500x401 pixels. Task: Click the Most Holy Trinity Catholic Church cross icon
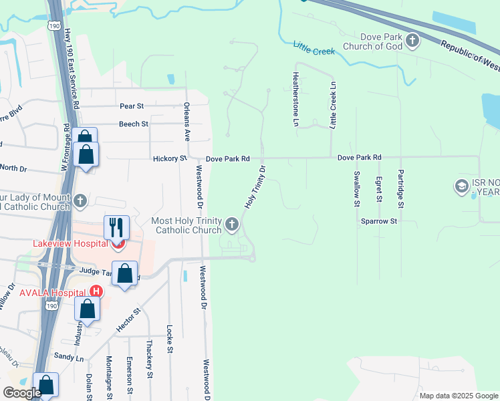(232, 224)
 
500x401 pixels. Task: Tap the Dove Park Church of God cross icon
(412, 41)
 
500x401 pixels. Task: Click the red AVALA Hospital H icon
(96, 291)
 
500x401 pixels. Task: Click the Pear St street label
(132, 106)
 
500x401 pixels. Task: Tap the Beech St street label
(134, 124)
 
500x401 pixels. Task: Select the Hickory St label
(169, 159)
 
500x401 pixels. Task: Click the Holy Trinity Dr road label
(255, 187)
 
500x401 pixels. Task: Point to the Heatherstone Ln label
(295, 99)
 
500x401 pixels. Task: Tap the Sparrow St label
(379, 221)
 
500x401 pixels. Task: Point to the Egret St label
(379, 189)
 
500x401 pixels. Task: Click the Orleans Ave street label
(187, 121)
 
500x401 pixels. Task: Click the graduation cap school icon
(461, 185)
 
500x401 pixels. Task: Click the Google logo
(22, 393)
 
